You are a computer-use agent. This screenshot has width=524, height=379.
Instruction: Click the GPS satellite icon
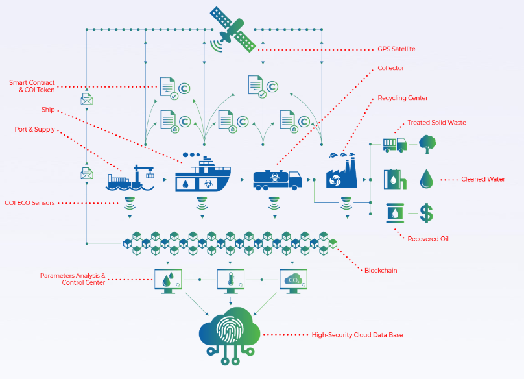(233, 30)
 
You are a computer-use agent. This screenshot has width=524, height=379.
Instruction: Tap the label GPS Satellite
(396, 49)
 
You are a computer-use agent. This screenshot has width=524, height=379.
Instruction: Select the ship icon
(203, 172)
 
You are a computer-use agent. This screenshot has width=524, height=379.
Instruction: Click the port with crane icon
(130, 178)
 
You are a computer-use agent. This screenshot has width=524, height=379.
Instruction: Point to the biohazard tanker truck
(278, 180)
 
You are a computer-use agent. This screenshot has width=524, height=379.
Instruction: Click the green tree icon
(427, 144)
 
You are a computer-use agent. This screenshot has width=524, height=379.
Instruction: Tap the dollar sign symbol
(427, 213)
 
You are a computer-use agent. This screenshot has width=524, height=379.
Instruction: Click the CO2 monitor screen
(293, 281)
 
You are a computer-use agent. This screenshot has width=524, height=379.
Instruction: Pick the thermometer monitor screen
(231, 281)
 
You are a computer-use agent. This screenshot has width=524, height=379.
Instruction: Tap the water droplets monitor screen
(168, 281)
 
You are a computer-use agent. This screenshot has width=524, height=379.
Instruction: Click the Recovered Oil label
(428, 239)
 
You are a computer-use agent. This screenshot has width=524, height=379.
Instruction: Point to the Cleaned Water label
(483, 179)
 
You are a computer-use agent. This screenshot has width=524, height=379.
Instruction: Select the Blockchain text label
(381, 270)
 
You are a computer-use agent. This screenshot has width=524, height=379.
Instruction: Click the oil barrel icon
(395, 213)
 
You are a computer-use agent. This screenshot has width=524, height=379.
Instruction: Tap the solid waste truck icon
(395, 145)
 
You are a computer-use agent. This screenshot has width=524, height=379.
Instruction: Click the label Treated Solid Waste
(436, 123)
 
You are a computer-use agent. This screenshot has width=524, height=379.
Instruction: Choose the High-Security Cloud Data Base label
(357, 335)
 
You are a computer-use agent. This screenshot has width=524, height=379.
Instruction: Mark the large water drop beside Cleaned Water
(427, 179)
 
